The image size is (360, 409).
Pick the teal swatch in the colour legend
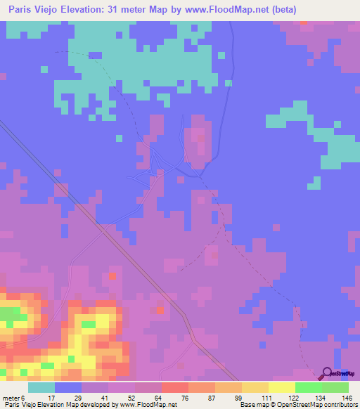(41, 387)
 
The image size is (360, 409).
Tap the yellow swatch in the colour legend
(282, 387)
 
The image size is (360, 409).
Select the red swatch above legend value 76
(175, 387)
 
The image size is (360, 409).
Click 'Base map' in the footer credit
(255, 405)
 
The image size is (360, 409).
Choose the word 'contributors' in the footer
(340, 405)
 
